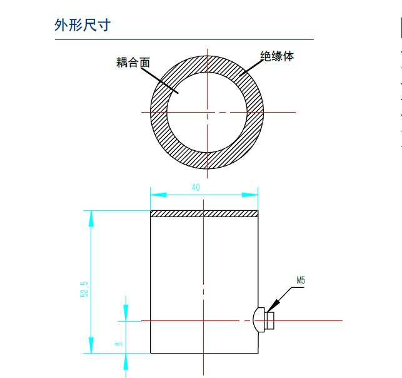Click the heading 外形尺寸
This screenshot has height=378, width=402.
83,26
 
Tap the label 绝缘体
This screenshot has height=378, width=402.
277,56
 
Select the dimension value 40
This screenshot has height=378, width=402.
196,187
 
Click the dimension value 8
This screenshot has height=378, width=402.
118,343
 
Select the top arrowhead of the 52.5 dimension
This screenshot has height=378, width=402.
91,216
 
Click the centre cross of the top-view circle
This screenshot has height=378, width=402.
205,112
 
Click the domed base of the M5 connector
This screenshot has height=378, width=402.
260,320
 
